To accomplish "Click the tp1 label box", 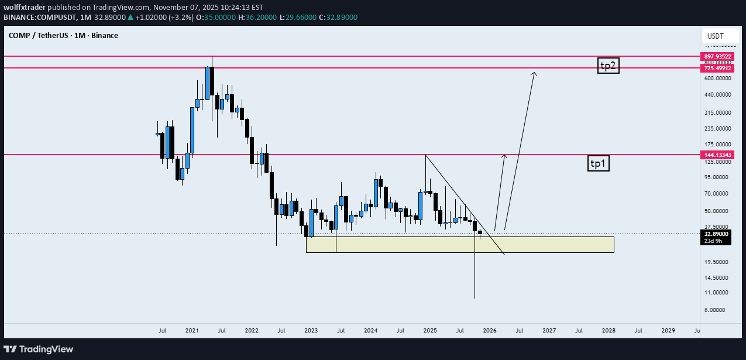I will [598, 164].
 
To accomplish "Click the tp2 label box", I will [608, 66].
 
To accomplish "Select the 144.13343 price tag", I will [716, 155].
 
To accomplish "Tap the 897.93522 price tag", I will [716, 56].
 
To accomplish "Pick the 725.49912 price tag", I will [716, 68].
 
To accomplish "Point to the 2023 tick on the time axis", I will [311, 331].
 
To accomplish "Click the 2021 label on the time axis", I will [192, 331].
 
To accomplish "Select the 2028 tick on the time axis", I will [609, 331].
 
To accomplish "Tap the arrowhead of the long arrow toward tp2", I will [534, 73].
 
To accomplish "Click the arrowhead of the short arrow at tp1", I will [504, 156].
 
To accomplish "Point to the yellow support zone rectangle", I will [459, 244].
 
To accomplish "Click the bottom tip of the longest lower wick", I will [475, 298].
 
